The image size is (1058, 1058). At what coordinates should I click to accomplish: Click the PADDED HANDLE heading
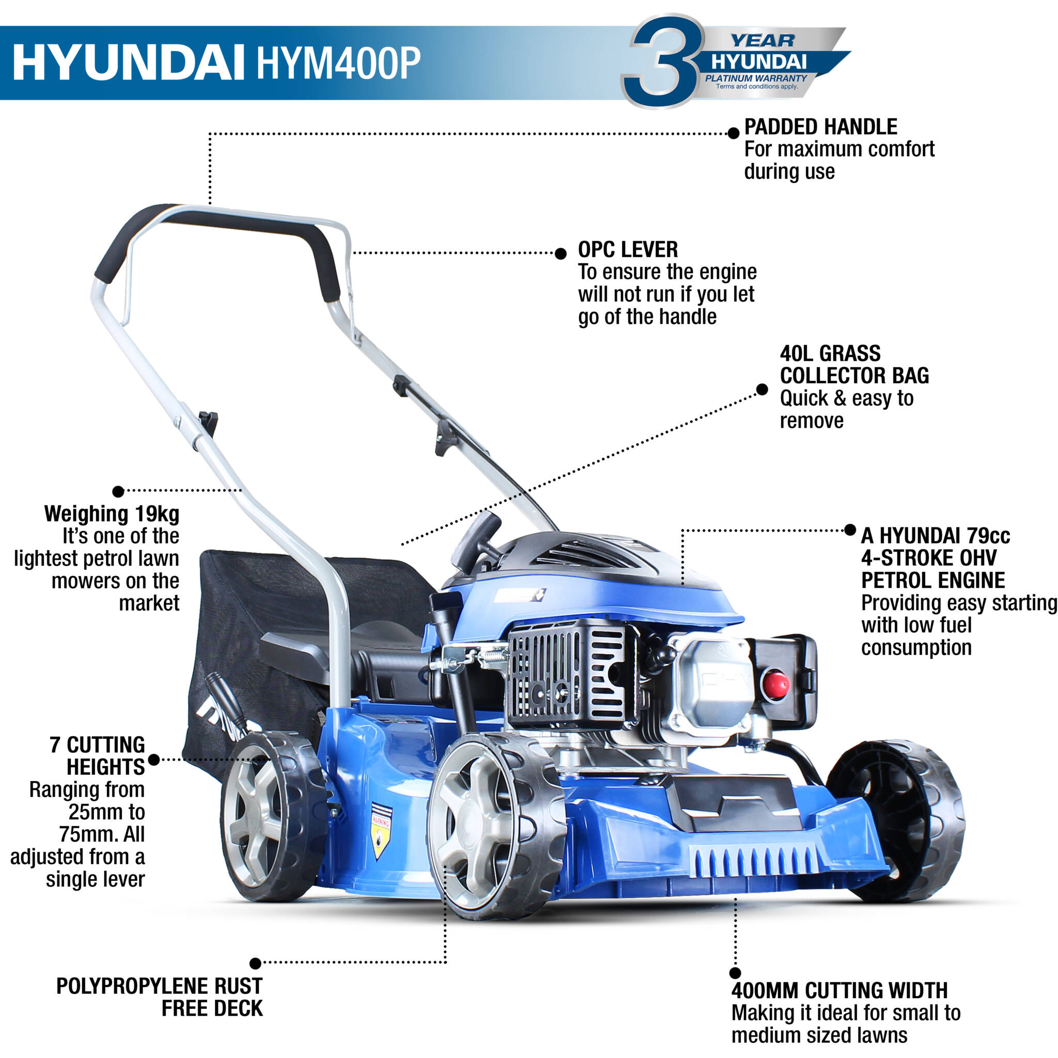820,127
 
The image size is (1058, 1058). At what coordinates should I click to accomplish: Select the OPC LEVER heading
628,250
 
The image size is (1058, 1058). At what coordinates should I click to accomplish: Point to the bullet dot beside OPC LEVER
560,254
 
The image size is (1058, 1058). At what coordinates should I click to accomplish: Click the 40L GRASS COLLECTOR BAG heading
854,365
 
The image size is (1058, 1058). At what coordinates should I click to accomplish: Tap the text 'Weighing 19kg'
112,514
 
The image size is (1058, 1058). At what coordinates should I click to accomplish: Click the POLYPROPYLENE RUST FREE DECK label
159,997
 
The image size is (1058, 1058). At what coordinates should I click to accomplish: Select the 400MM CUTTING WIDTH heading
839,990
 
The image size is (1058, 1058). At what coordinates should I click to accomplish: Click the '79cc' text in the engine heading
988,536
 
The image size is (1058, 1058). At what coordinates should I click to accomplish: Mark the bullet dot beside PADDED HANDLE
733,133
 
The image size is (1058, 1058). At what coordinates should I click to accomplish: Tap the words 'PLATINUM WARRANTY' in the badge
756,79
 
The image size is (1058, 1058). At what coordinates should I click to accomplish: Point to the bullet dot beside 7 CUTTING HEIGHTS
154,759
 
